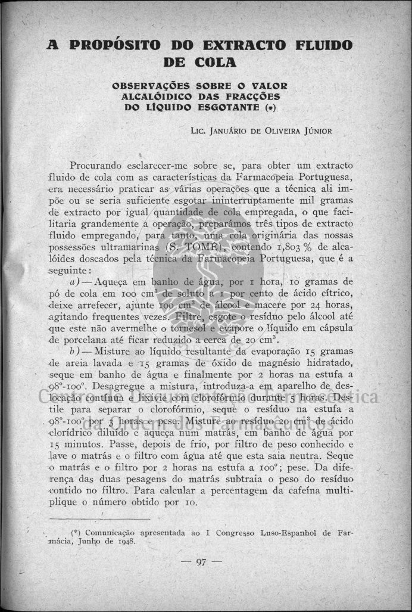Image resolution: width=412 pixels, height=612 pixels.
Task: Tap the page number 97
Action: [x=200, y=561]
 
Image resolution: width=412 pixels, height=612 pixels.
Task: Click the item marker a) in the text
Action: [x=76, y=281]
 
